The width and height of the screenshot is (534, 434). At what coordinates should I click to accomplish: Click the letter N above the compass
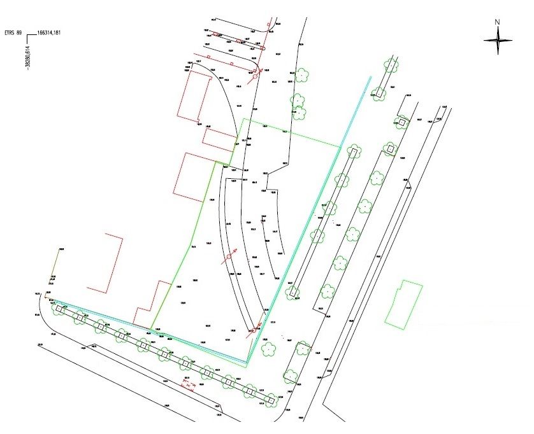(x=498, y=22)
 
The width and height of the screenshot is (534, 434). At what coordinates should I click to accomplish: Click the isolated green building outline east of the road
(x=404, y=305)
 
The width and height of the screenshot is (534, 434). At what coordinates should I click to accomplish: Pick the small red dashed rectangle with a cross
(x=188, y=384)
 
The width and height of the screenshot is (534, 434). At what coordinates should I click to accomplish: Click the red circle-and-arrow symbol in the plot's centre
(x=229, y=258)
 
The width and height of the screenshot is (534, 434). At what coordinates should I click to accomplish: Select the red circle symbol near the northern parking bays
(x=256, y=76)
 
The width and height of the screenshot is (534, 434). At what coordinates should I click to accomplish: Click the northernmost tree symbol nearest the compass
(x=390, y=65)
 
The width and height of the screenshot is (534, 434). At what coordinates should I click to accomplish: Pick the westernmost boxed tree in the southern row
(x=59, y=309)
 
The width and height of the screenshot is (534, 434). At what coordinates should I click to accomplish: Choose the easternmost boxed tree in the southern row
(x=271, y=400)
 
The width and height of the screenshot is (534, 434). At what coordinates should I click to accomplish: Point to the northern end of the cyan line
(x=370, y=78)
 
